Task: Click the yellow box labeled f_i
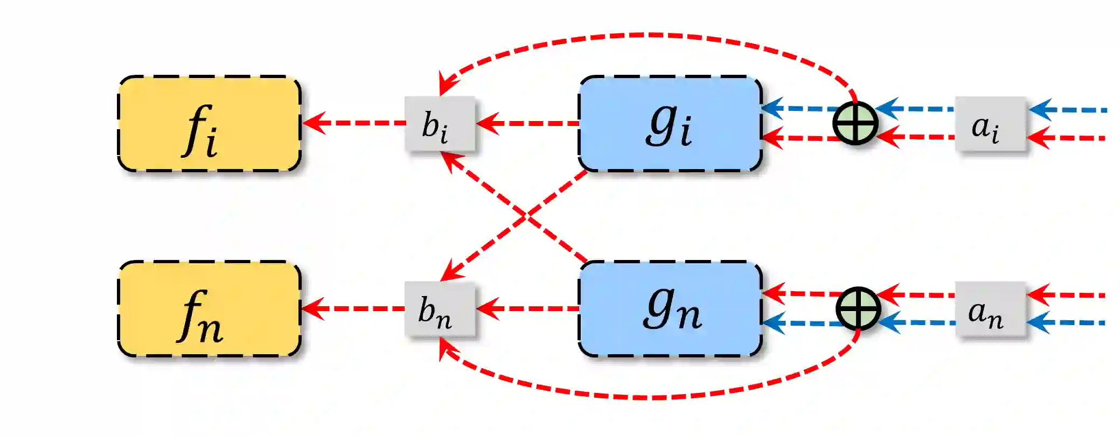point(209,124)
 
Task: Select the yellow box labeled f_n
point(209,309)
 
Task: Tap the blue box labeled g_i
point(670,124)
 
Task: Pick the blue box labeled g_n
point(670,309)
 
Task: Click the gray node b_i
point(440,124)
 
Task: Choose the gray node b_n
point(440,309)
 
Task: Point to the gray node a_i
point(990,124)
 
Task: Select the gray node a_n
point(990,309)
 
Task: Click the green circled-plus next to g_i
point(855,123)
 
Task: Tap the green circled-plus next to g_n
point(858,309)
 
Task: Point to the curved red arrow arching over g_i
point(646,36)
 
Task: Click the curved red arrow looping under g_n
point(646,398)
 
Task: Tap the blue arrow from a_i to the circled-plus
point(916,109)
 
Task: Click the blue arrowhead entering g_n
point(774,323)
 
